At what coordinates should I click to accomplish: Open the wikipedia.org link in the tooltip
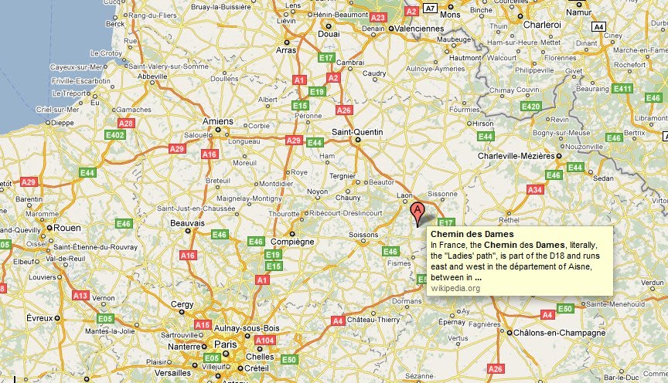[x=455, y=289]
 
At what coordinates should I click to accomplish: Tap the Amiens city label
[x=216, y=121]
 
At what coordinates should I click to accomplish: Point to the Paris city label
[x=225, y=344]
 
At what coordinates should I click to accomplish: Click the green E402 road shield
[x=115, y=135]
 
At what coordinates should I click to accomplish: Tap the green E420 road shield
[x=530, y=107]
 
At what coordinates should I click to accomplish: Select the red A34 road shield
[x=534, y=189]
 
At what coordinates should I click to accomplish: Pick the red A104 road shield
[x=264, y=341]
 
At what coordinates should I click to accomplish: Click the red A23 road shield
[x=378, y=17]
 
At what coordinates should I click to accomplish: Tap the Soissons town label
[x=363, y=235]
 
